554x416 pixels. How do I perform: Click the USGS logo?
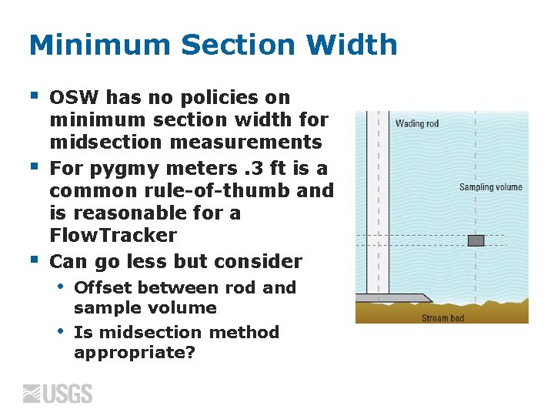click(58, 394)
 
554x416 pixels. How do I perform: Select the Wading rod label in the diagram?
click(416, 124)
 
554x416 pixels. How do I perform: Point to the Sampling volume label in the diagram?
click(490, 187)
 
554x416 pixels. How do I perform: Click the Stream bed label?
click(442, 317)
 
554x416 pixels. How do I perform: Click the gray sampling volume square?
click(476, 240)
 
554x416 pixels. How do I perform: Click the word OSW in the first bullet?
click(74, 98)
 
